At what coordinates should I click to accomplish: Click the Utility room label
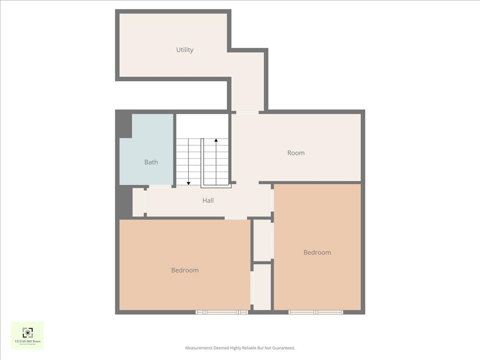pyautogui.click(x=185, y=50)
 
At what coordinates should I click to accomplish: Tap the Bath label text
pyautogui.click(x=151, y=162)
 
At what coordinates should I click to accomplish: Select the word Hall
pyautogui.click(x=208, y=200)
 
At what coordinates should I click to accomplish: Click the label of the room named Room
pyautogui.click(x=296, y=153)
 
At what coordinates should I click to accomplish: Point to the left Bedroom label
pyautogui.click(x=185, y=270)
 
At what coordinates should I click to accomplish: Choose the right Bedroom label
pyautogui.click(x=317, y=252)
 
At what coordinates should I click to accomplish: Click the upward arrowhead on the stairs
pyautogui.click(x=216, y=140)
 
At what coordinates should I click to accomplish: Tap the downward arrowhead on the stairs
pyautogui.click(x=188, y=183)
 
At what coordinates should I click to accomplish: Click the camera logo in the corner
pyautogui.click(x=27, y=333)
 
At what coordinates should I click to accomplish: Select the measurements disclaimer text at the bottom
pyautogui.click(x=240, y=348)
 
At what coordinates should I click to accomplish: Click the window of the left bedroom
pyautogui.click(x=222, y=312)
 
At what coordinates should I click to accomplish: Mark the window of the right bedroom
pyautogui.click(x=316, y=312)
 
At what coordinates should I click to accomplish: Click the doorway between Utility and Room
pyautogui.click(x=247, y=112)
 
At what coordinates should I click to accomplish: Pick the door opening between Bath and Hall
pyautogui.click(x=160, y=186)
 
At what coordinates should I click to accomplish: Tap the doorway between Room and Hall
pyautogui.click(x=247, y=183)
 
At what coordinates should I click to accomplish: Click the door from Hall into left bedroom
pyautogui.click(x=236, y=218)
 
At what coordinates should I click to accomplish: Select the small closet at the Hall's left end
pyautogui.click(x=138, y=202)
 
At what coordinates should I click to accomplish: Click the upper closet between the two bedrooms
pyautogui.click(x=263, y=240)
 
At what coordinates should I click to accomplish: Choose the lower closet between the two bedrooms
pyautogui.click(x=263, y=286)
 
